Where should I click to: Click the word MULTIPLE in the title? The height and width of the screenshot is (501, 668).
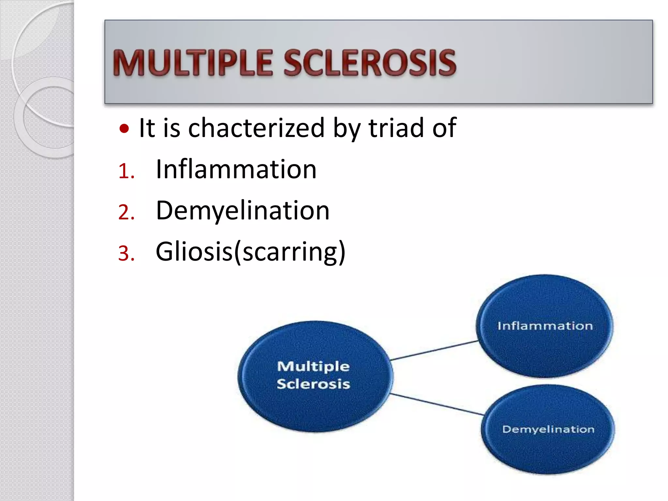192,63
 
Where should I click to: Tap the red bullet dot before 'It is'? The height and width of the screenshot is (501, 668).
124,129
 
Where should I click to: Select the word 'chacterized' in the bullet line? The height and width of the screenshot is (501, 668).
256,128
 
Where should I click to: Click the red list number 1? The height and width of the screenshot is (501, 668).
126,171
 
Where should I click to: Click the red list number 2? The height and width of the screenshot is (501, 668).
126,212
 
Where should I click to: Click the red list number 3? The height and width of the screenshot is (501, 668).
126,253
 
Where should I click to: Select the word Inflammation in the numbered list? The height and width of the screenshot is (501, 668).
236,169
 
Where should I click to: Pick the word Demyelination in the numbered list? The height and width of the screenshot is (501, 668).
243,211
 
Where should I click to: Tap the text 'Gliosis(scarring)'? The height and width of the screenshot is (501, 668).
250,252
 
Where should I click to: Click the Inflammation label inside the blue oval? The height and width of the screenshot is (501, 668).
545,326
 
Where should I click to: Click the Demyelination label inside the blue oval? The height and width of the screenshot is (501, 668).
548,429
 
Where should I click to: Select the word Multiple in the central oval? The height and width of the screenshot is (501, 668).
313,366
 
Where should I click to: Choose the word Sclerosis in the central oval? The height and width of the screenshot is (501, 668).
313,384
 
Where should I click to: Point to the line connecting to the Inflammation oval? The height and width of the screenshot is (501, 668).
434,350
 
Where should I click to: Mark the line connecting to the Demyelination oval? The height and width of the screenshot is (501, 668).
437,404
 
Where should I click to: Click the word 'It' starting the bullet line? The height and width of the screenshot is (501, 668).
146,128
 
